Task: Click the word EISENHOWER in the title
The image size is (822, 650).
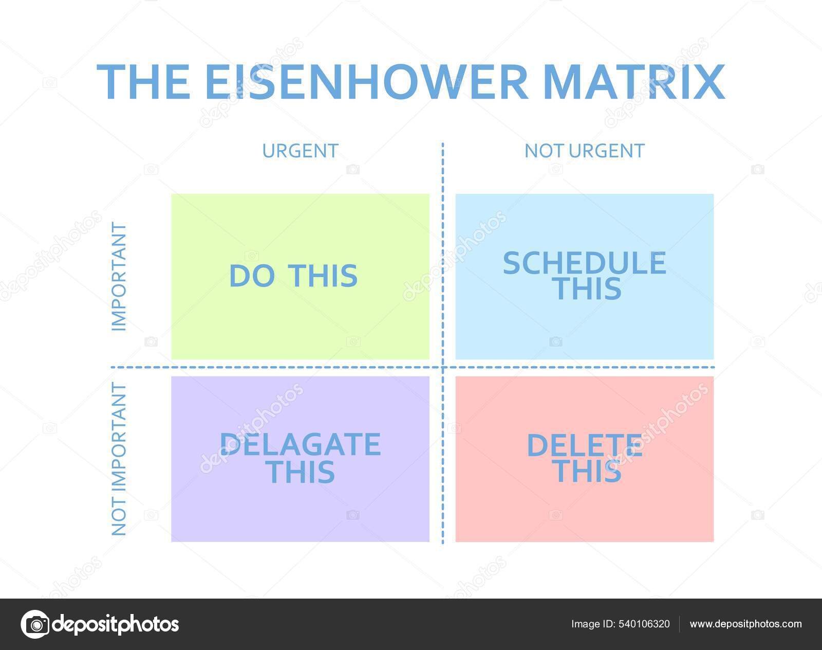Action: (x=366, y=82)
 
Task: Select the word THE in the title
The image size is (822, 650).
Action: (x=143, y=82)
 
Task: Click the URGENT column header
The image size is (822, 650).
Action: (x=300, y=151)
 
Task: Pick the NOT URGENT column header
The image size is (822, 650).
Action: (x=584, y=151)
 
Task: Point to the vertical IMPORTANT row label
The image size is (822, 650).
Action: (x=119, y=277)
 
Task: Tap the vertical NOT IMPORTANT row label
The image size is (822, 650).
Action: (x=119, y=459)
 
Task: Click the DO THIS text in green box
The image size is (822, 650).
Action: (x=293, y=276)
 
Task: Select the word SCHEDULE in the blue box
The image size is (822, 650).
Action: (x=584, y=263)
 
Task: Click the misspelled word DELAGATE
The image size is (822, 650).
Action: (x=301, y=445)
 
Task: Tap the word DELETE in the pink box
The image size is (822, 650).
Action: (x=585, y=445)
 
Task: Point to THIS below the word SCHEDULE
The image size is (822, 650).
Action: (x=587, y=289)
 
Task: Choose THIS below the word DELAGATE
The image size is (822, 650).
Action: (x=302, y=472)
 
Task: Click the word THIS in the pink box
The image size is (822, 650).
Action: (x=588, y=471)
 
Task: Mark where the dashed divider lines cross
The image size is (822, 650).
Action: (x=443, y=368)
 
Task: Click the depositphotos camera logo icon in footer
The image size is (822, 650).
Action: (x=35, y=624)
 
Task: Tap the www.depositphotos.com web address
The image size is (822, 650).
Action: (x=745, y=624)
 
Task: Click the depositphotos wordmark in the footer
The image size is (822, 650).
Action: (x=116, y=624)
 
